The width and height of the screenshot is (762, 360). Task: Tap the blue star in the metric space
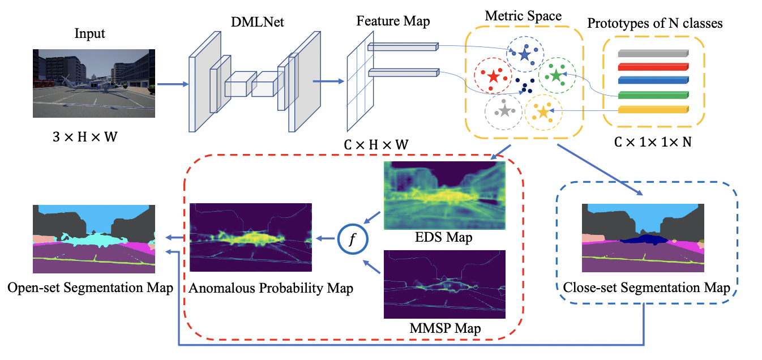point(524,54)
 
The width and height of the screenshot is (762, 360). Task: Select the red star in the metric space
point(493,76)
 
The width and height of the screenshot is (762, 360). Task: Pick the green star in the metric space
point(556,75)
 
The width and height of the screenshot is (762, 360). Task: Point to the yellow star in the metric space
point(543,112)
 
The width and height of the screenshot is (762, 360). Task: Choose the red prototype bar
point(653,67)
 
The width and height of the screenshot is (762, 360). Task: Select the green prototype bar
point(653,95)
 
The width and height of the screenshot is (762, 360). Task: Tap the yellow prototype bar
point(653,109)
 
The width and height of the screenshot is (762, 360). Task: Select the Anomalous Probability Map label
point(271,288)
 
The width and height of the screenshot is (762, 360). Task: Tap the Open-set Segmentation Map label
point(91,288)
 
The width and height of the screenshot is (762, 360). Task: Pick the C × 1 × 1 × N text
point(652,142)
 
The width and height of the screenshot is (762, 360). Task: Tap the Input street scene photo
point(94,83)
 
